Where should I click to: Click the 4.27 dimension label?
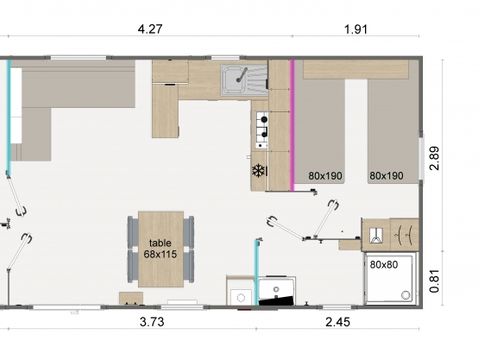(150, 29)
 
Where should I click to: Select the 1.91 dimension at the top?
(356, 29)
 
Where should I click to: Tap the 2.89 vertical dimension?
(434, 158)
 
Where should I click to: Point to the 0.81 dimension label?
(434, 281)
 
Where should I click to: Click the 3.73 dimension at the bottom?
(152, 322)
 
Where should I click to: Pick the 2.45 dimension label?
(338, 322)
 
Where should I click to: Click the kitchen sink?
(244, 80)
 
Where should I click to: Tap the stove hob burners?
(262, 130)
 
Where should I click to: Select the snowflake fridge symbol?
(258, 171)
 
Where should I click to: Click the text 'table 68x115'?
(160, 249)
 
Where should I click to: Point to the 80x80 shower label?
(384, 265)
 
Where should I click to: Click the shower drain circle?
(406, 295)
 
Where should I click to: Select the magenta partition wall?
(292, 125)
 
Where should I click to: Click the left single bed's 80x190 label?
(325, 176)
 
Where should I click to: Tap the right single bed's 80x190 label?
(386, 176)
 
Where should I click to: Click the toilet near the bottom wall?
(277, 290)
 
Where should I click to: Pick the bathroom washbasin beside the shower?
(376, 235)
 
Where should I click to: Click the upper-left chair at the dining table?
(133, 231)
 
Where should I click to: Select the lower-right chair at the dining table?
(189, 265)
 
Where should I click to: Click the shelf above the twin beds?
(356, 70)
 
